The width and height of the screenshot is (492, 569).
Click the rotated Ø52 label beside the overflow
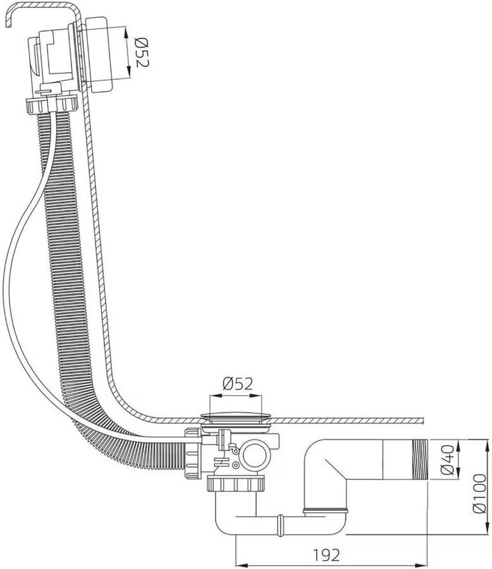point(142,53)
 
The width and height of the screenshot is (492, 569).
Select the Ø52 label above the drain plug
point(238,384)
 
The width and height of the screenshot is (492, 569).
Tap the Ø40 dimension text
point(447,460)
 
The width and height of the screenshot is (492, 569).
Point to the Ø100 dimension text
point(479,493)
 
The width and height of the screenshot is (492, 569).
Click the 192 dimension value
point(326,555)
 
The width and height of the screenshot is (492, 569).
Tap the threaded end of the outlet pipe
point(420,460)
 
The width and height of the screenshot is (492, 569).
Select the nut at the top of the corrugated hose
point(52,105)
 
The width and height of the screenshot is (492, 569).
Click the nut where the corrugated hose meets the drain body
point(193,453)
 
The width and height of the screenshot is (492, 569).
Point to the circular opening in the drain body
point(255,455)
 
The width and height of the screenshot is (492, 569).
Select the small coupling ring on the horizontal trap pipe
point(280,523)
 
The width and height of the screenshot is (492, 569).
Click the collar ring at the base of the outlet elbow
point(325,511)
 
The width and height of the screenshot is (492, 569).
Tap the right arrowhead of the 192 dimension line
point(423,565)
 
